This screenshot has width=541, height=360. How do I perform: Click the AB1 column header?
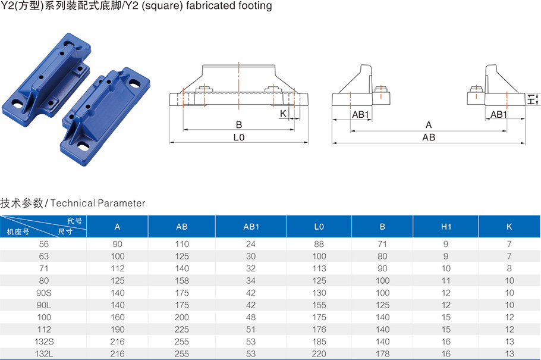pos(251,227)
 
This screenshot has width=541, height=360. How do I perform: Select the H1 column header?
pos(446,227)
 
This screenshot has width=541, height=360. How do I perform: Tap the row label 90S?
pos(44,293)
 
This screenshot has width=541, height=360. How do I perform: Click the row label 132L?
pos(44,354)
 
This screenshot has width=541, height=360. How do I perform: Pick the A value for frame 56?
pos(117,244)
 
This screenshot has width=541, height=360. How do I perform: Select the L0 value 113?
pos(319,268)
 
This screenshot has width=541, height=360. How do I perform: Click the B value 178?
pos(383,354)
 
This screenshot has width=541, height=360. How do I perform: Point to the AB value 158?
pos(182,280)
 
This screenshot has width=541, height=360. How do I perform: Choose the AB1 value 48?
pos(251,317)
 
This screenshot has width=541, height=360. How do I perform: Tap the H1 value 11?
pos(446,280)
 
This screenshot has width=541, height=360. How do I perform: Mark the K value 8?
pos(509,268)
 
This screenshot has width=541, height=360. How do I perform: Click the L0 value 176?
pos(319,329)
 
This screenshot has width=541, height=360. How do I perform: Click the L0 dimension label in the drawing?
pos(239,137)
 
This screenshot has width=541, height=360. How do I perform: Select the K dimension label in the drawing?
pos(283,114)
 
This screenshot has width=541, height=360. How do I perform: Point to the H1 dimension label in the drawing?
pos(531,99)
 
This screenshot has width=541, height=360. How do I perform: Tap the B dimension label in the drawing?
pos(239,125)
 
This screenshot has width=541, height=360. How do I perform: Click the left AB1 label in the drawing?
pos(360,115)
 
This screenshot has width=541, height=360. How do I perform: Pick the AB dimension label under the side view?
pos(429,137)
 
